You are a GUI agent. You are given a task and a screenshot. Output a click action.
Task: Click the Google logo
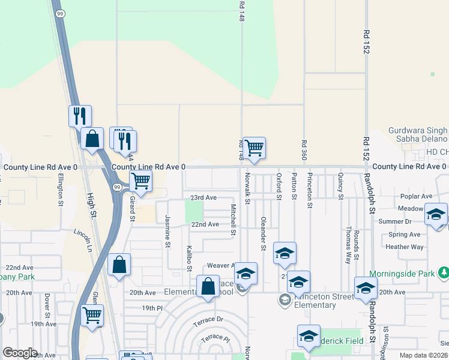pos(20,353)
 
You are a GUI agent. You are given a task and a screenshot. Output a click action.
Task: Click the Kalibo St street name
pos(189,257)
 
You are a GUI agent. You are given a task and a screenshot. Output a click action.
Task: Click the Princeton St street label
pos(310,191)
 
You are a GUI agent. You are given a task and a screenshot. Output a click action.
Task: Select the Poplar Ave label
pos(418,196)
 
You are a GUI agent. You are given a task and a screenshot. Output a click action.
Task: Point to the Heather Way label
pos(405,247)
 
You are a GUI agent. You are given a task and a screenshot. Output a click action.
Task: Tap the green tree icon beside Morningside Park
pos(444,274)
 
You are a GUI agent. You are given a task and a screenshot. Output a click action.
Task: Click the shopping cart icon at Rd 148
pos(255,147)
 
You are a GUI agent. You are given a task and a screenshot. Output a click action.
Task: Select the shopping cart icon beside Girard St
pos(140,180)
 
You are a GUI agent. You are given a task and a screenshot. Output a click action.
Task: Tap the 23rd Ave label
pos(203,197)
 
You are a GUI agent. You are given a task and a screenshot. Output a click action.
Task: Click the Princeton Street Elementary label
pos(315,301)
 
